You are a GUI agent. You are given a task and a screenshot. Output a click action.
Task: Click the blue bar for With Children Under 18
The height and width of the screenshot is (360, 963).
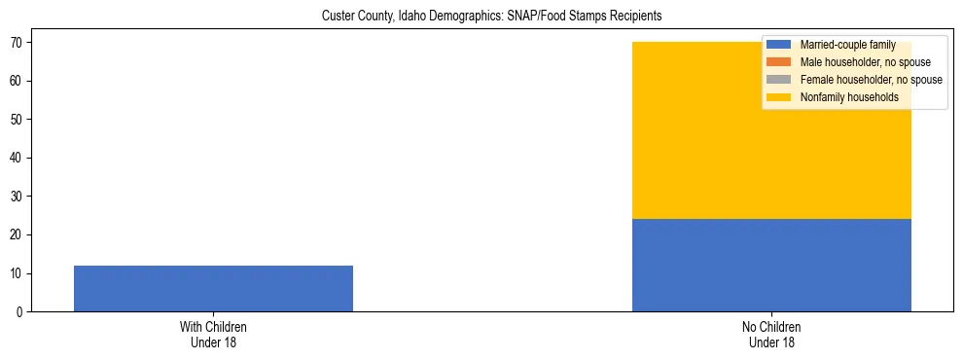213,288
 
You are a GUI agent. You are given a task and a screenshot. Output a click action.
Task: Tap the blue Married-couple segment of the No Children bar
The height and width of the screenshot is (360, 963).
771,265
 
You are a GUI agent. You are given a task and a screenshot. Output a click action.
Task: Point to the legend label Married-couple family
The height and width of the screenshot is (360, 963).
848,45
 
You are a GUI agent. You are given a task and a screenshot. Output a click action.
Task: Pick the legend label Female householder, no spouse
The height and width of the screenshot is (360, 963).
871,80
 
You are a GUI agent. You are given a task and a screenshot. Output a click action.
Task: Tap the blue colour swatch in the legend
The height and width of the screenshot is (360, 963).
779,45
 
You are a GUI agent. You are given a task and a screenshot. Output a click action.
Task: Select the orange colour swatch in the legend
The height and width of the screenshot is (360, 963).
779,62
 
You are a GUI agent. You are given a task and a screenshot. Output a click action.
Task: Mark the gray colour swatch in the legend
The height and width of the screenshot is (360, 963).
779,80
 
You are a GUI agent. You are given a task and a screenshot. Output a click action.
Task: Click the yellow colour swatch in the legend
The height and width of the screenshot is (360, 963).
779,97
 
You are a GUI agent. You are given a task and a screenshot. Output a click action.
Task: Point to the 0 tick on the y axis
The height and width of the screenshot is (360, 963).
20,312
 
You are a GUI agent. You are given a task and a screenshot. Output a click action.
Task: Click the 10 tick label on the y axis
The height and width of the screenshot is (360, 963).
18,273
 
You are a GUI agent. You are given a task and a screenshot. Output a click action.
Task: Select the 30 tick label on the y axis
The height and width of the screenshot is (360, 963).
18,197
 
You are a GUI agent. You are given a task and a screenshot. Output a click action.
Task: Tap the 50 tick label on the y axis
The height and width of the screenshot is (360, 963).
18,120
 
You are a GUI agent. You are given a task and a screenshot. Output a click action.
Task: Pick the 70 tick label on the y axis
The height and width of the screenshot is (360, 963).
18,43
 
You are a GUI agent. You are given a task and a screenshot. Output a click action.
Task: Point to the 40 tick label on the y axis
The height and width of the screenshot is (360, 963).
18,158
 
